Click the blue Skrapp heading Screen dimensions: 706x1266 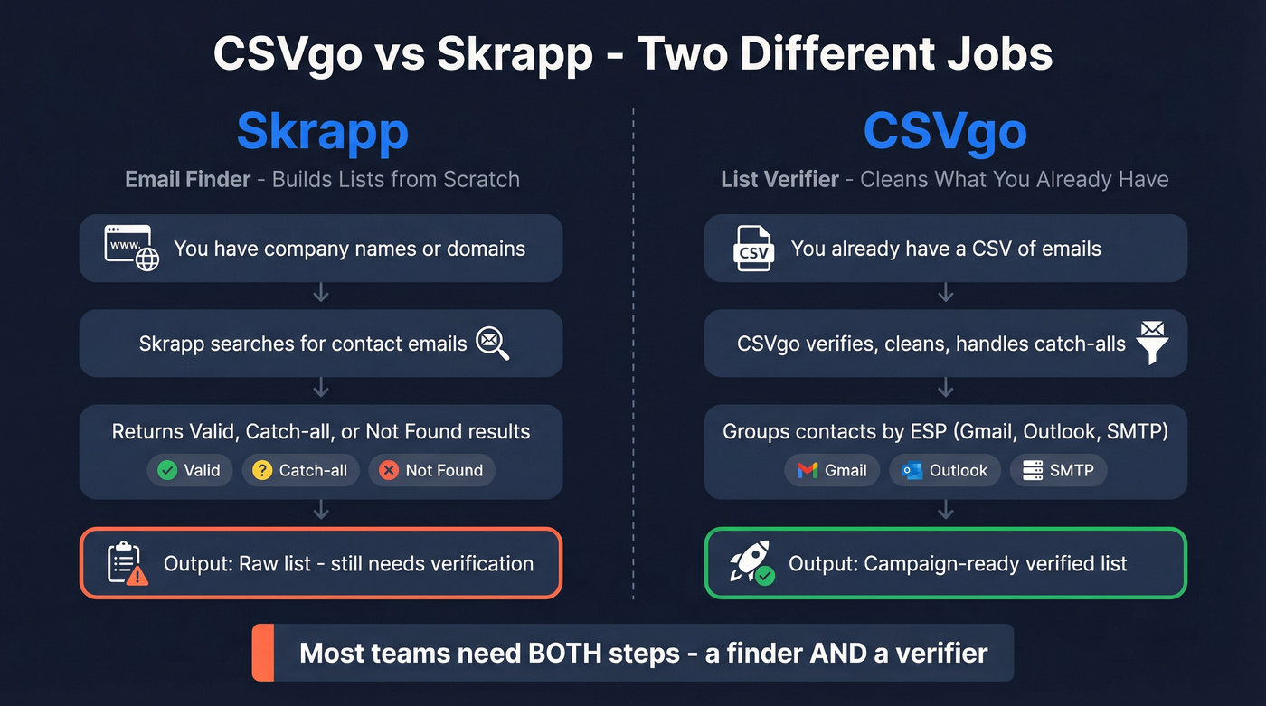pyautogui.click(x=322, y=132)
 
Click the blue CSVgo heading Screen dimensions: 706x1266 pyautogui.click(x=945, y=132)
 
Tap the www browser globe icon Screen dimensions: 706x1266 pyautogui.click(x=132, y=248)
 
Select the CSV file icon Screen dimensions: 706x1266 pyautogui.click(x=753, y=249)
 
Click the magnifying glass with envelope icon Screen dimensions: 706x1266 pyautogui.click(x=493, y=344)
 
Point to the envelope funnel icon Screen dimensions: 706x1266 pyautogui.click(x=1151, y=343)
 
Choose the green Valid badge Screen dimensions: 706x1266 pyautogui.click(x=189, y=470)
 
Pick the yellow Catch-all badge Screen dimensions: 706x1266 pyautogui.click(x=300, y=470)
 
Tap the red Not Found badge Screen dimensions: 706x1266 pyautogui.click(x=431, y=470)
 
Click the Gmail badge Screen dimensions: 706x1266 pyautogui.click(x=831, y=470)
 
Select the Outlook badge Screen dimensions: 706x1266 pyautogui.click(x=945, y=470)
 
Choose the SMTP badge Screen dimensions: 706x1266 pyautogui.click(x=1058, y=470)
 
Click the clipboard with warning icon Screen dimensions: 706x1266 pyautogui.click(x=127, y=563)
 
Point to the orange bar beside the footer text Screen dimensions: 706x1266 pyautogui.click(x=263, y=653)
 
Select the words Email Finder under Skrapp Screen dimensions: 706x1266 pyautogui.click(x=187, y=179)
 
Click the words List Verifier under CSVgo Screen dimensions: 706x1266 pyautogui.click(x=779, y=179)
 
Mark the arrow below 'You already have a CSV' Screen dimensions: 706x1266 pyautogui.click(x=946, y=293)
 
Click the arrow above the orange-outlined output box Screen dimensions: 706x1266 pyautogui.click(x=321, y=512)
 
